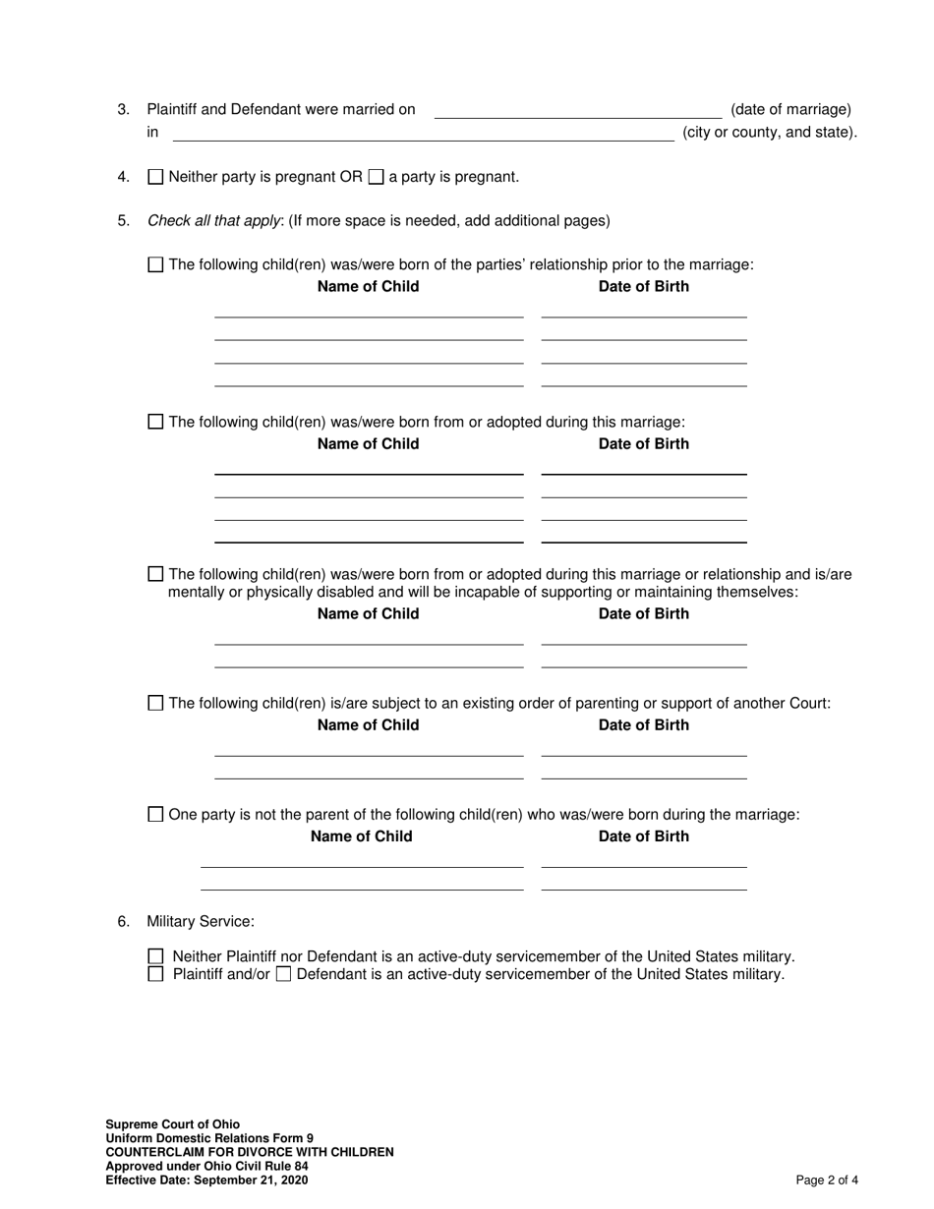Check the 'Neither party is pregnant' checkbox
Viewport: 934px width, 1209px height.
pyautogui.click(x=155, y=178)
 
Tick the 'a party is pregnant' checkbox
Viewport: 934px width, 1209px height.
pyautogui.click(x=376, y=178)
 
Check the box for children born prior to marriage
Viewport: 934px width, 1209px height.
pyautogui.click(x=155, y=264)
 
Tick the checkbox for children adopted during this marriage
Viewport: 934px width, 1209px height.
pyautogui.click(x=155, y=422)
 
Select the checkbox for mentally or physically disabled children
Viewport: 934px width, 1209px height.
pyautogui.click(x=155, y=574)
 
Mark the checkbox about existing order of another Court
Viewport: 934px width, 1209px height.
pyautogui.click(x=155, y=703)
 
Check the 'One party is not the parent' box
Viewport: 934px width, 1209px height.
pyautogui.click(x=155, y=814)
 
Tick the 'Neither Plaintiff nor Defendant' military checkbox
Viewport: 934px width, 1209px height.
pyautogui.click(x=155, y=956)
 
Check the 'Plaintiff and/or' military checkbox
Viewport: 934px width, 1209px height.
pyautogui.click(x=155, y=974)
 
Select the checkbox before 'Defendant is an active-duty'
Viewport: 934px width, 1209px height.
pyautogui.click(x=283, y=975)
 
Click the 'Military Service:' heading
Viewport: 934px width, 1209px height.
pyautogui.click(x=201, y=921)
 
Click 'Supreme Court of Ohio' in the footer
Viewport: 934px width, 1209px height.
pyautogui.click(x=173, y=1124)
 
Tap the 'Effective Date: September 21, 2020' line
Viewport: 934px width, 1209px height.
pyautogui.click(x=206, y=1180)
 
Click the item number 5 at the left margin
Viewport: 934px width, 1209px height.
pyautogui.click(x=123, y=221)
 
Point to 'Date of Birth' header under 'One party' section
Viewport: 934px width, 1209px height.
pyautogui.click(x=644, y=836)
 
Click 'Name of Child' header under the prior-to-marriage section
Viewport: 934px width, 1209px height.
pyautogui.click(x=368, y=287)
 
